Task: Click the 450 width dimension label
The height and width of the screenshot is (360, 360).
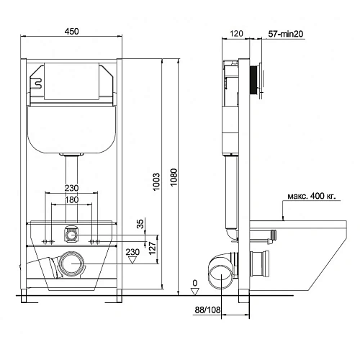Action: [x=72, y=32]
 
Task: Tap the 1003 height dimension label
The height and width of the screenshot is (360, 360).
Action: [x=156, y=181]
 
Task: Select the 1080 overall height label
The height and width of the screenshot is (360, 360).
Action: [x=174, y=177]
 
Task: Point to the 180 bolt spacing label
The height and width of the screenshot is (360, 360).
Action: [x=72, y=199]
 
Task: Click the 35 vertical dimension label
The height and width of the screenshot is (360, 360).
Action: [x=140, y=224]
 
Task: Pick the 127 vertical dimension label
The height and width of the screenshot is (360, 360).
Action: [x=153, y=248]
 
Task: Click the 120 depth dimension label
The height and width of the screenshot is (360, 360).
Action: [x=236, y=34]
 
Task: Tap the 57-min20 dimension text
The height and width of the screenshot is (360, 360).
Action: [x=285, y=34]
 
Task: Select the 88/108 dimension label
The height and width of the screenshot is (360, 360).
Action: [x=207, y=310]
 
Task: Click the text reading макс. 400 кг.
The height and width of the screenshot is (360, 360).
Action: [x=311, y=196]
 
